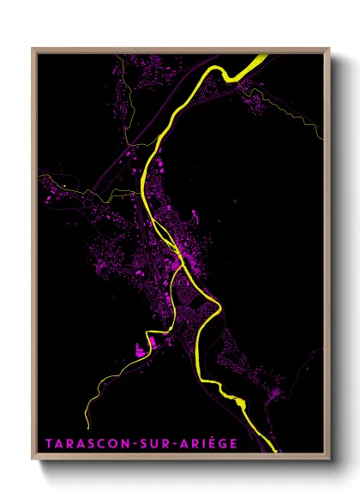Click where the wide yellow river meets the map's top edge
[260, 57]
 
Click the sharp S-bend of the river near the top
[227, 76]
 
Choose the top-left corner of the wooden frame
[33, 48]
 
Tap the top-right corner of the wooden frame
[329, 48]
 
